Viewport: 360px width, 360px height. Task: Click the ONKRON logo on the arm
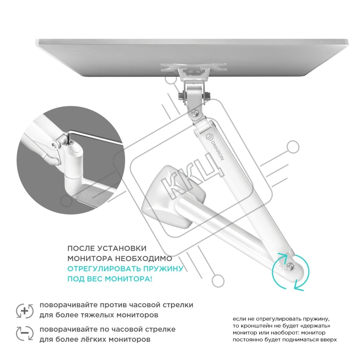[x=215, y=146]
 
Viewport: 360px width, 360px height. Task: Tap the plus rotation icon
[x=25, y=311]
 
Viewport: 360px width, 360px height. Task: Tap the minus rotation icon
[x=25, y=333]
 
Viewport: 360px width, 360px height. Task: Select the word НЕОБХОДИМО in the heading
[x=144, y=258]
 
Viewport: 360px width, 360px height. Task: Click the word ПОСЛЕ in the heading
[x=81, y=248]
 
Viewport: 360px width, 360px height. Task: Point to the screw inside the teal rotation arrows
[x=290, y=267]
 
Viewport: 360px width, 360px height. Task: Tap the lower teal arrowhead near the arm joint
[x=298, y=285]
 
